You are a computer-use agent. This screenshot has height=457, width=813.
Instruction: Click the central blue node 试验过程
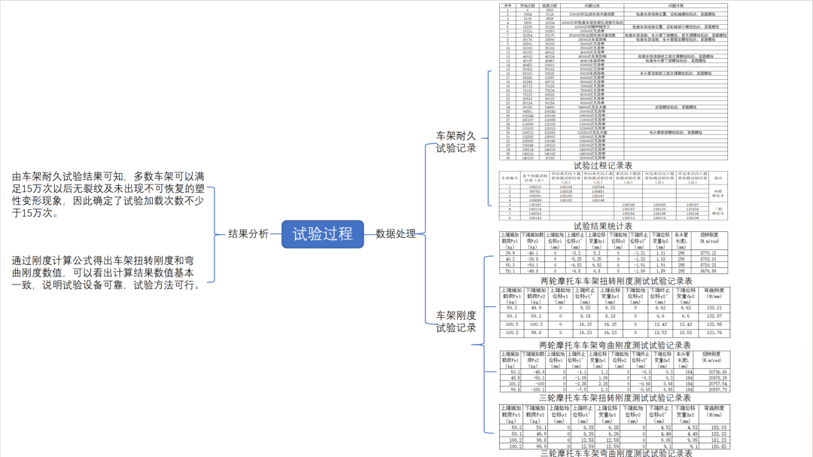coord(322,233)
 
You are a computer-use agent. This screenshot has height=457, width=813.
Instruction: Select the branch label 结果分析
coord(248,233)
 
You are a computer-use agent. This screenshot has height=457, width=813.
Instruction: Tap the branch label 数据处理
coord(395,233)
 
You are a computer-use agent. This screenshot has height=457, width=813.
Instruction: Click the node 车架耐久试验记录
coord(456,142)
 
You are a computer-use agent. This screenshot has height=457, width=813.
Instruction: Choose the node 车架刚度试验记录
coord(456,321)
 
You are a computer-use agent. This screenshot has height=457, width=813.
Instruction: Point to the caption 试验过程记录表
coord(602,165)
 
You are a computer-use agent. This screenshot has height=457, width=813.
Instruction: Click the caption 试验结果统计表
coord(602,225)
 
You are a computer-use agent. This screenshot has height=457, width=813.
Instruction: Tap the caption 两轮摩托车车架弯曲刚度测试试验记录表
coord(615,345)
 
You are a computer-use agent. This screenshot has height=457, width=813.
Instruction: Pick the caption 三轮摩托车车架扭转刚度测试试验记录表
coord(615,398)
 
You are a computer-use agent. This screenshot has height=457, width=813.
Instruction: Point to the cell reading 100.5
coord(513,324)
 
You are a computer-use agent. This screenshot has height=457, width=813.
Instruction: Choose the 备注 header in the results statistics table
coord(717,178)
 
